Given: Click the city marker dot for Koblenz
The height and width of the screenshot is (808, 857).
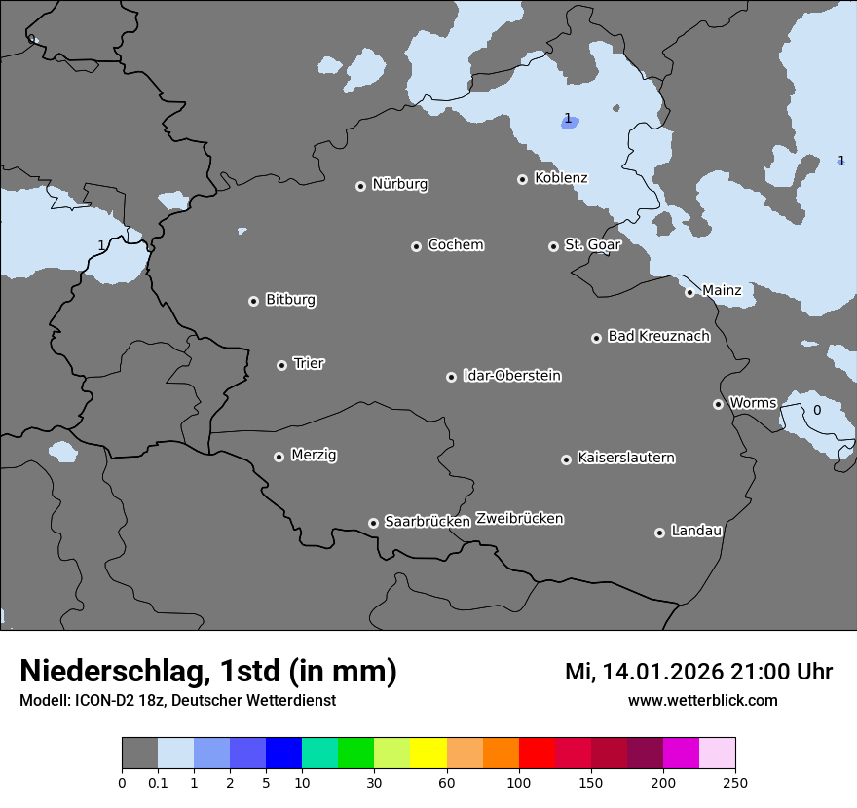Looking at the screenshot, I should [522, 179].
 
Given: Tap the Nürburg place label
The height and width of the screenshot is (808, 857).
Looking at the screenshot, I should [399, 184].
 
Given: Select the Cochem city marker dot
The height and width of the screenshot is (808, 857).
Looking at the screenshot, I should [416, 246].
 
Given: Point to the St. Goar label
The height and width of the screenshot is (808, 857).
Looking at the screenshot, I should [592, 245].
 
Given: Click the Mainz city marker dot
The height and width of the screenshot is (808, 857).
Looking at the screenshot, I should [689, 292].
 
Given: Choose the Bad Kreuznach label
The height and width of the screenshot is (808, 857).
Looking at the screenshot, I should [658, 336].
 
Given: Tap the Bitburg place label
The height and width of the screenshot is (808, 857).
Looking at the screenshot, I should [290, 300].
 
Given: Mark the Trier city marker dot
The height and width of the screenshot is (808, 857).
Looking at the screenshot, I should [281, 365].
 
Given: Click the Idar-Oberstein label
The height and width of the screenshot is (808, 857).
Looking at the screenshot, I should [511, 376].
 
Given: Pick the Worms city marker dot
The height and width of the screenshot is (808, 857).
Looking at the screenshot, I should [718, 404].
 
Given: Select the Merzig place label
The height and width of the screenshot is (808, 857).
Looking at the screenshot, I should [314, 455].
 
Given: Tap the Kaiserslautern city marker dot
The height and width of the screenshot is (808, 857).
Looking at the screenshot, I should [566, 459].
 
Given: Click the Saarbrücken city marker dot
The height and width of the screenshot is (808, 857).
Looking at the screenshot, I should [373, 523].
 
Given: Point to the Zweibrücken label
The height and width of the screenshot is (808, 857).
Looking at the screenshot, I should [519, 519].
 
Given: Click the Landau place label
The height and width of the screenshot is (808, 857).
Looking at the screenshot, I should [696, 531].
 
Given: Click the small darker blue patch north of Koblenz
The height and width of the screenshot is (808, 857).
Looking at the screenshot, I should [573, 123].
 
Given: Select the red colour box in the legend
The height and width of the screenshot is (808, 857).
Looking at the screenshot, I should [537, 753].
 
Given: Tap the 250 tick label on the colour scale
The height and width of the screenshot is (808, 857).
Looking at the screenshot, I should [735, 782].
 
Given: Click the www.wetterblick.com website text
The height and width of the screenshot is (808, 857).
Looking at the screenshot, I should [702, 700].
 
